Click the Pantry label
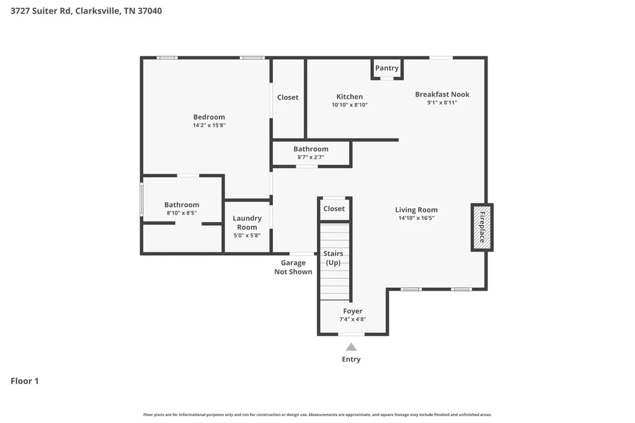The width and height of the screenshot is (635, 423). pyautogui.click(x=387, y=68)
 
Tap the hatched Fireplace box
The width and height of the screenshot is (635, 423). pyautogui.click(x=482, y=227)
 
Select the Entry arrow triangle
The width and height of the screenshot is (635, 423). pyautogui.click(x=351, y=347)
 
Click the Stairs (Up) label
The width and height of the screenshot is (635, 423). pyautogui.click(x=333, y=258)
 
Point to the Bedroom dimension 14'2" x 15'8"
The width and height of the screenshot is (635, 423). pyautogui.click(x=209, y=125)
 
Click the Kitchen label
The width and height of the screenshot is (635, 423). pyautogui.click(x=350, y=96)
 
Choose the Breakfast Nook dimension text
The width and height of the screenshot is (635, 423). pyautogui.click(x=442, y=102)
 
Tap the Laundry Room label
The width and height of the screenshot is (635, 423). pyautogui.click(x=247, y=223)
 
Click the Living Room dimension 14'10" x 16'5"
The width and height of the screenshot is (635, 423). pyautogui.click(x=416, y=218)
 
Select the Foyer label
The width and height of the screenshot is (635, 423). pyautogui.click(x=353, y=311)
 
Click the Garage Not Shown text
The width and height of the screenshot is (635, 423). pyautogui.click(x=293, y=267)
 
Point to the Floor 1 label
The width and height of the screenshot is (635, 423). pyautogui.click(x=25, y=381)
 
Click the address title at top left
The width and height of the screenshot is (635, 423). pyautogui.click(x=86, y=11)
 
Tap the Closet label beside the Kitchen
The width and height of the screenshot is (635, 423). pyautogui.click(x=288, y=97)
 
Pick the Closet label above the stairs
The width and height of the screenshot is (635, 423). pyautogui.click(x=334, y=208)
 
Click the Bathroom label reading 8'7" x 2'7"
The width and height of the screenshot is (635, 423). pyautogui.click(x=311, y=149)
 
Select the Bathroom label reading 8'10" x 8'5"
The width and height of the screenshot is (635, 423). pyautogui.click(x=182, y=205)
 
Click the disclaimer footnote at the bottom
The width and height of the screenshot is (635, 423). pyautogui.click(x=317, y=414)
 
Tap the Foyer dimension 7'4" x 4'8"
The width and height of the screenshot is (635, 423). pyautogui.click(x=353, y=319)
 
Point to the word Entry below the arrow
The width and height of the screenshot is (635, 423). pyautogui.click(x=351, y=359)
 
